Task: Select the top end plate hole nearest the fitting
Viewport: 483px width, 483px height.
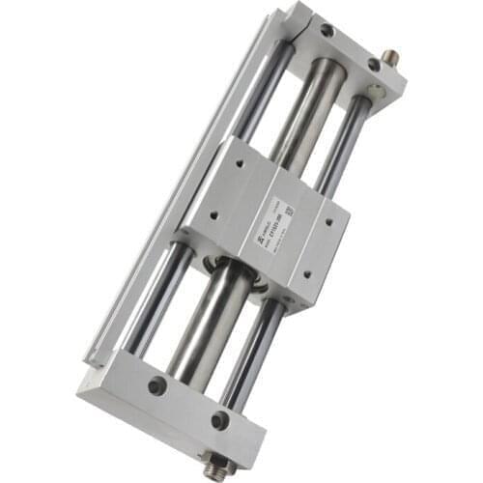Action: tap(374, 65)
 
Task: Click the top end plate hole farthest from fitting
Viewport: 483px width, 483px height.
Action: tap(327, 31)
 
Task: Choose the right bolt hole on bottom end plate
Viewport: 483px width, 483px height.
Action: tap(220, 420)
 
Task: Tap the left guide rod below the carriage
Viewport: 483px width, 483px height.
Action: tap(155, 299)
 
